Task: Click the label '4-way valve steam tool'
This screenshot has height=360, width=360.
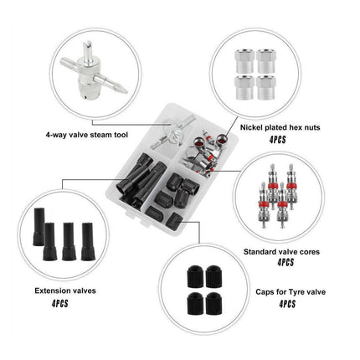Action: [87, 135]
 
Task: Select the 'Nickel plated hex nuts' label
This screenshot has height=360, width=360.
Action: [280, 128]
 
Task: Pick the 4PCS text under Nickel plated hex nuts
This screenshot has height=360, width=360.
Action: [278, 140]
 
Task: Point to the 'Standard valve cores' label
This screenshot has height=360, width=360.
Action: [281, 252]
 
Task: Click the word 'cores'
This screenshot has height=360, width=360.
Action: [309, 252]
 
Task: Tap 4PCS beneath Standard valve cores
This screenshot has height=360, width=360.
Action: [285, 263]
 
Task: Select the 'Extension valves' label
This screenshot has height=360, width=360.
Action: [65, 291]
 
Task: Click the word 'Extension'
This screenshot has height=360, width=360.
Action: [51, 291]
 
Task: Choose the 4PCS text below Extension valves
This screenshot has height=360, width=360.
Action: [59, 304]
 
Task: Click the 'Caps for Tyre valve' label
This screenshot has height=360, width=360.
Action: [291, 292]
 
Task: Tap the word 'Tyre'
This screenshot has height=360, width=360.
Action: [296, 292]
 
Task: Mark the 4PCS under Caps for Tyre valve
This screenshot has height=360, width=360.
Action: [287, 304]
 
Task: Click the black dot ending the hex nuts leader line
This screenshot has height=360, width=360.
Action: [224, 138]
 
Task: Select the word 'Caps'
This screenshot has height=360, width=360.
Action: [264, 292]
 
